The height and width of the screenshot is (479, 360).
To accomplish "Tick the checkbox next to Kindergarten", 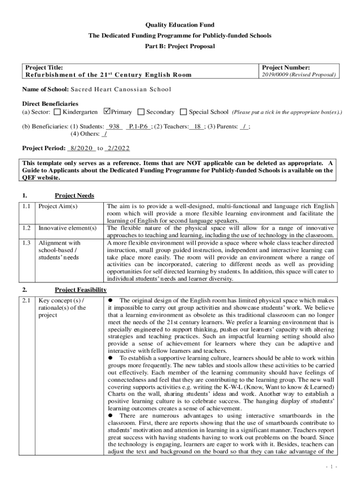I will tap(58, 112).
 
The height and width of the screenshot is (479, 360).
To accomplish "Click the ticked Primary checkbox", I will tap(107, 112).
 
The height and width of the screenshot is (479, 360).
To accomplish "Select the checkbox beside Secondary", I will tap(141, 112).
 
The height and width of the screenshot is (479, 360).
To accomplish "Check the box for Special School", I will tap(184, 112).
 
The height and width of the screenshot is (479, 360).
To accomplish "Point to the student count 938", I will tap(115, 126).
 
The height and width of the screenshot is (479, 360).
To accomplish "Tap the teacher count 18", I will tap(197, 126).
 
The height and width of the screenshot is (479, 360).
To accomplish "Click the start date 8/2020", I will tap(81, 148).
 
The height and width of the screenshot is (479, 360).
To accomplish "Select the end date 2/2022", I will tap(117, 148).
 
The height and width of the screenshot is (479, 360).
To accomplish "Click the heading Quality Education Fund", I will tap(180, 25).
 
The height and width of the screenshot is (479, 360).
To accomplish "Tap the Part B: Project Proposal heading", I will tap(180, 46).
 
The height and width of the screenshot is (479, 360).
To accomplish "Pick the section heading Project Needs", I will tap(74, 196).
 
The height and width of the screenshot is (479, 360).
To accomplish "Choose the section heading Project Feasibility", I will tap(80, 290).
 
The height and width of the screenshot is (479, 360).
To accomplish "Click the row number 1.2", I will tap(27, 228).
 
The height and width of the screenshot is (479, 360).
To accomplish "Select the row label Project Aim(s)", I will tap(58, 206).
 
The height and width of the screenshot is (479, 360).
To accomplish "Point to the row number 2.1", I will tap(27, 300).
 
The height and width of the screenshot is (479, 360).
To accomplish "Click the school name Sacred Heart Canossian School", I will tap(121, 89).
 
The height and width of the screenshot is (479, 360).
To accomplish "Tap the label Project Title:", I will tap(44, 68).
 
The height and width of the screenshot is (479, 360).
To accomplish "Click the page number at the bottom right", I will tap(332, 467).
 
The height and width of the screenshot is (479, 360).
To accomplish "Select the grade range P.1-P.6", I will tap(139, 126).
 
